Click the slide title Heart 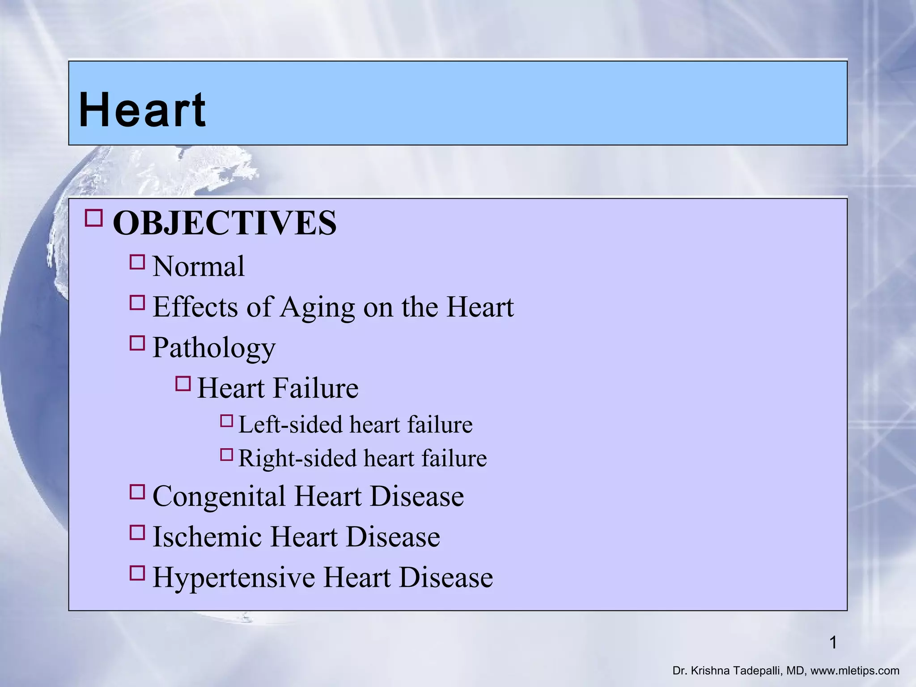(x=142, y=110)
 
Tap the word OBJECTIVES (x=224, y=223)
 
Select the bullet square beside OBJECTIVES (x=93, y=218)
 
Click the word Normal (x=199, y=267)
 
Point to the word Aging (x=317, y=308)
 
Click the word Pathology (x=214, y=348)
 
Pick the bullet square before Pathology (x=137, y=343)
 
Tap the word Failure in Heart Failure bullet (x=315, y=388)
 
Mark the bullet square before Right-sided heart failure (x=227, y=455)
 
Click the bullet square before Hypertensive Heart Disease (x=137, y=573)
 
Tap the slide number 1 (x=833, y=643)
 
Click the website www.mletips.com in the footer (x=855, y=671)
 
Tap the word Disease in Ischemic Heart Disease (x=393, y=537)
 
